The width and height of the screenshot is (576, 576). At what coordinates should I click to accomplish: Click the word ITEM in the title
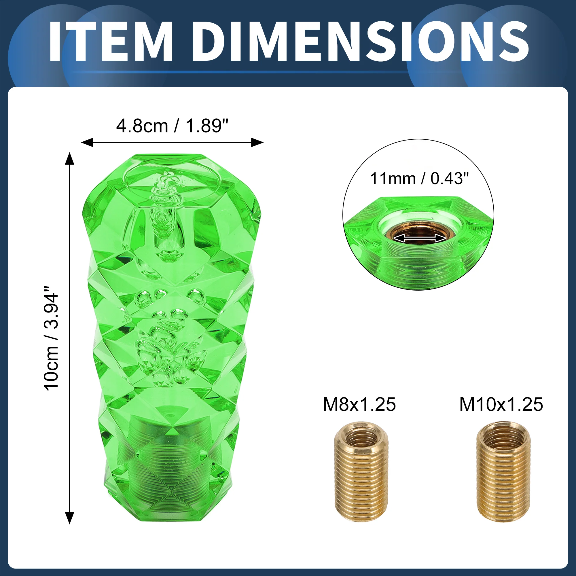[111, 41]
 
